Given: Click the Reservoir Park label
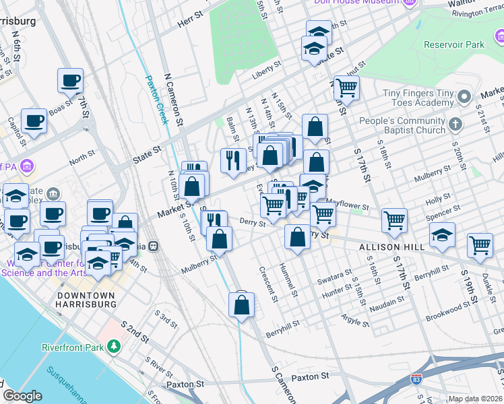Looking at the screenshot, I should pos(454,44).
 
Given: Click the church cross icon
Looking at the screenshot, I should pos(456,125).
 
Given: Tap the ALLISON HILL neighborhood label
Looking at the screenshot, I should pos(391,247).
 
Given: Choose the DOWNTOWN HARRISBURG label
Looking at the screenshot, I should pos(87,300).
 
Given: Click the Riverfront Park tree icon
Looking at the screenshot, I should pos(115,346).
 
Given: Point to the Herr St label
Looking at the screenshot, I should pos(191,22).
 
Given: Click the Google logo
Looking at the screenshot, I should pos(22,396).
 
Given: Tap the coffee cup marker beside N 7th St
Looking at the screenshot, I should pos(70,81).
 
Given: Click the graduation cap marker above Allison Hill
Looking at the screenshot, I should pos(442,235).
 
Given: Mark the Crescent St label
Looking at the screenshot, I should pos(267,283).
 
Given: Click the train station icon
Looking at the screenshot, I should pos(154,246).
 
